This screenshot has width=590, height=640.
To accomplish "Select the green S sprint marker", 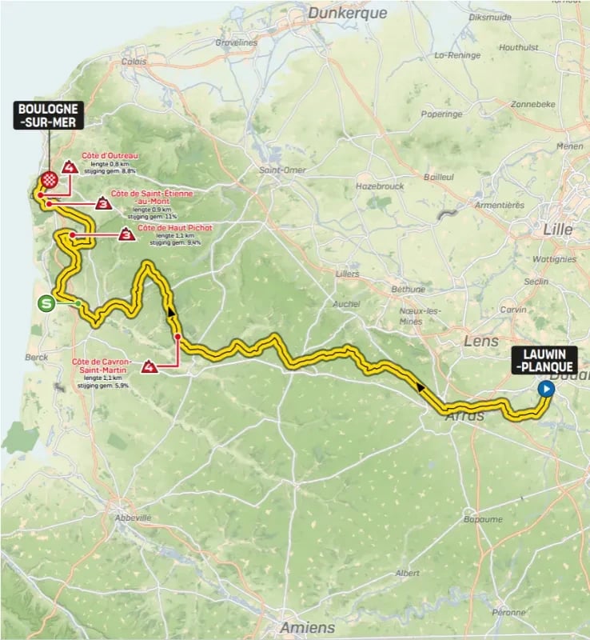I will click(47, 302).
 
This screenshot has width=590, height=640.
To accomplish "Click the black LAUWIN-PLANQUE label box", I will click(544, 362).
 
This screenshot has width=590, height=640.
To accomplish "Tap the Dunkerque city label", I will click(347, 13).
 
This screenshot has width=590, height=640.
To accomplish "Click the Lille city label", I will click(557, 230).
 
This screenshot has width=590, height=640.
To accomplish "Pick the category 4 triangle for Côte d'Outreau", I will click(71, 168).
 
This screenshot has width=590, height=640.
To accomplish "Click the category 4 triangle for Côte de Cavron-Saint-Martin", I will click(149, 367).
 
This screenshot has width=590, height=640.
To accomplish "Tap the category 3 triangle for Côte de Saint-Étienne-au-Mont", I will click(102, 203).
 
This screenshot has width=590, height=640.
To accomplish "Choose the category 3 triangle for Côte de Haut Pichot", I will click(126, 235).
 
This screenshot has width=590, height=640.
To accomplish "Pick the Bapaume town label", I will click(484, 519).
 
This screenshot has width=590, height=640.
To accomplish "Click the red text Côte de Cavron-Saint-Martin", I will click(102, 366).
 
